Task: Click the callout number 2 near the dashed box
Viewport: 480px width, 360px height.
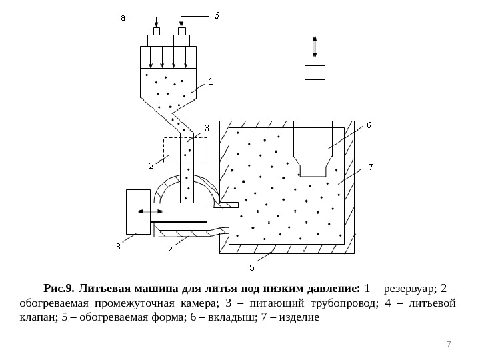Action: [151, 165]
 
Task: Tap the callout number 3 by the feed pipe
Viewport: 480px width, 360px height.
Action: [206, 127]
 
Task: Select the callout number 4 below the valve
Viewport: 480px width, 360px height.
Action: [172, 250]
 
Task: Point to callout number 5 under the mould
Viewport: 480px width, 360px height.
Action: [252, 267]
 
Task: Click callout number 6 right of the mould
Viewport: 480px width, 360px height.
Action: [368, 125]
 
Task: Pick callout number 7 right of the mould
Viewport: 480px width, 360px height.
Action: [370, 166]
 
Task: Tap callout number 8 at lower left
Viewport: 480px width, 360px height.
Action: [118, 245]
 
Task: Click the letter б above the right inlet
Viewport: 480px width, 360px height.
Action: [215, 16]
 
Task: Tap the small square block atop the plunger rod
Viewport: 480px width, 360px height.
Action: [315, 71]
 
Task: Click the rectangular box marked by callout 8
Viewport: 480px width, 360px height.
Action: [138, 211]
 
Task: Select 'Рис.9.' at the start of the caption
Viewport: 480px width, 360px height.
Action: [59, 289]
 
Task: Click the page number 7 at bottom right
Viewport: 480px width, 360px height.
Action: [449, 343]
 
